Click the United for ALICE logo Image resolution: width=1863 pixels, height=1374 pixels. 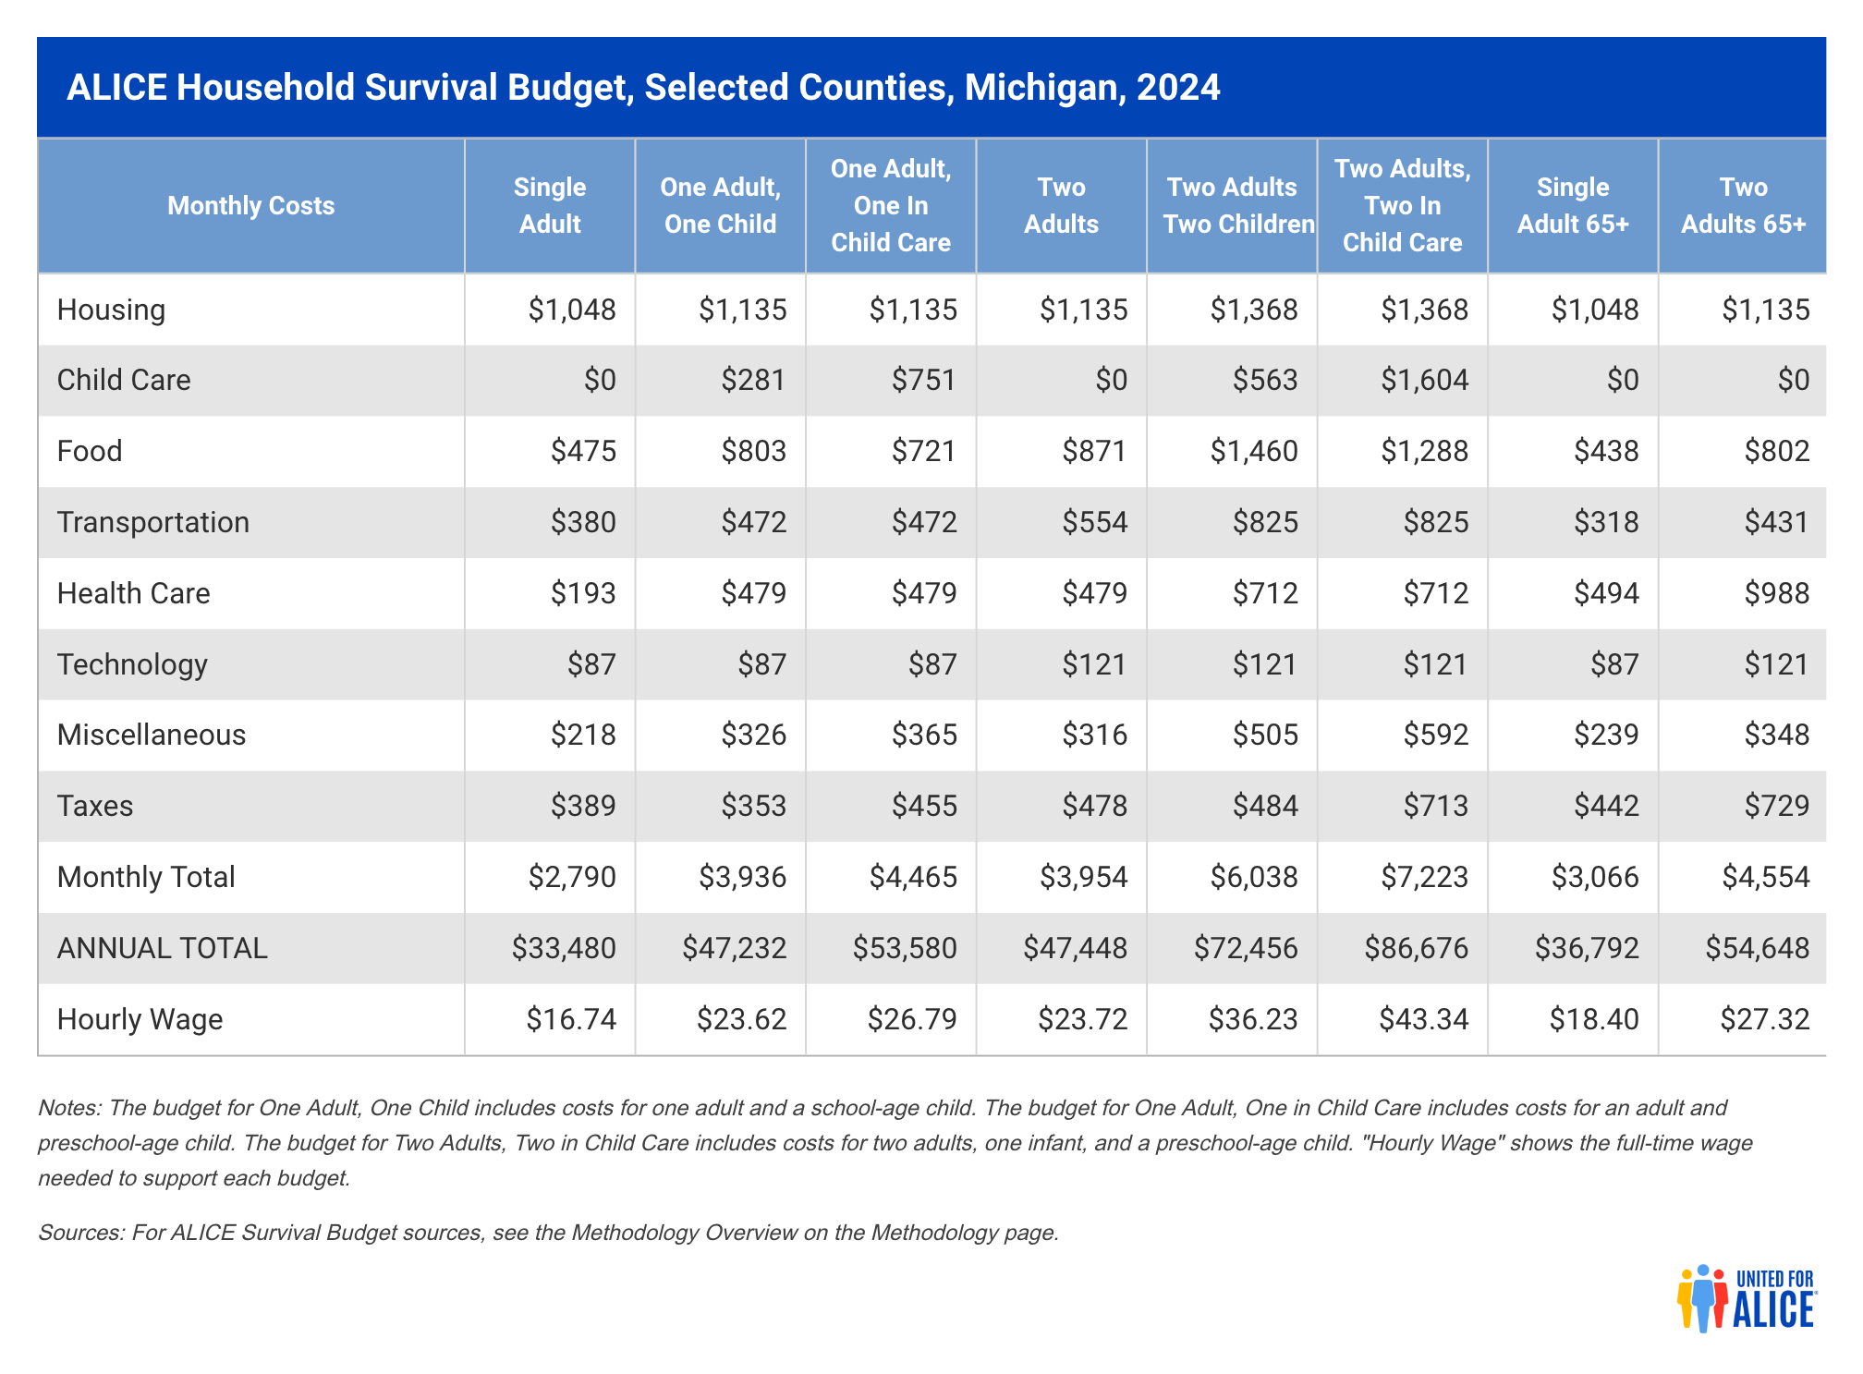tap(1746, 1298)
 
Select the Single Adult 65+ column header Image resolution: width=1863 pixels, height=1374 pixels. tap(1573, 205)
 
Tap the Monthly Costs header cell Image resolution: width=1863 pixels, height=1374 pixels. tap(250, 205)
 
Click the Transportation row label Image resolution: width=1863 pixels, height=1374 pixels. tap(153, 522)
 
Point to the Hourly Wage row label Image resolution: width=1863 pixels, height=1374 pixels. tap(140, 1019)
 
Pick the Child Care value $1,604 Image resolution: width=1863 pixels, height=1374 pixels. tap(1424, 380)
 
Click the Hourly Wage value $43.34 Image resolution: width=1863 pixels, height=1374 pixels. tap(1423, 1019)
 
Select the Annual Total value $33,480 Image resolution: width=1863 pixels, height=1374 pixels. tap(564, 948)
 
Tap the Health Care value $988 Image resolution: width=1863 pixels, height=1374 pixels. tap(1776, 593)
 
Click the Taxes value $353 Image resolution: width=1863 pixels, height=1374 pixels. tap(753, 806)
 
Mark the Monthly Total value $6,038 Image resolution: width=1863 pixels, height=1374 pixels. tap(1254, 877)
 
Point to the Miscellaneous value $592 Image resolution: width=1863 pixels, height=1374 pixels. tap(1435, 735)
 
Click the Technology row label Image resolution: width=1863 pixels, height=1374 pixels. tap(132, 664)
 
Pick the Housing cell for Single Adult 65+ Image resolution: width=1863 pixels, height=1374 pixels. tap(1595, 310)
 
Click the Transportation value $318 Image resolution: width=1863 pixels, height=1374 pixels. tap(1606, 522)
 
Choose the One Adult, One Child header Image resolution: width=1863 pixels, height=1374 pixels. tap(720, 205)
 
